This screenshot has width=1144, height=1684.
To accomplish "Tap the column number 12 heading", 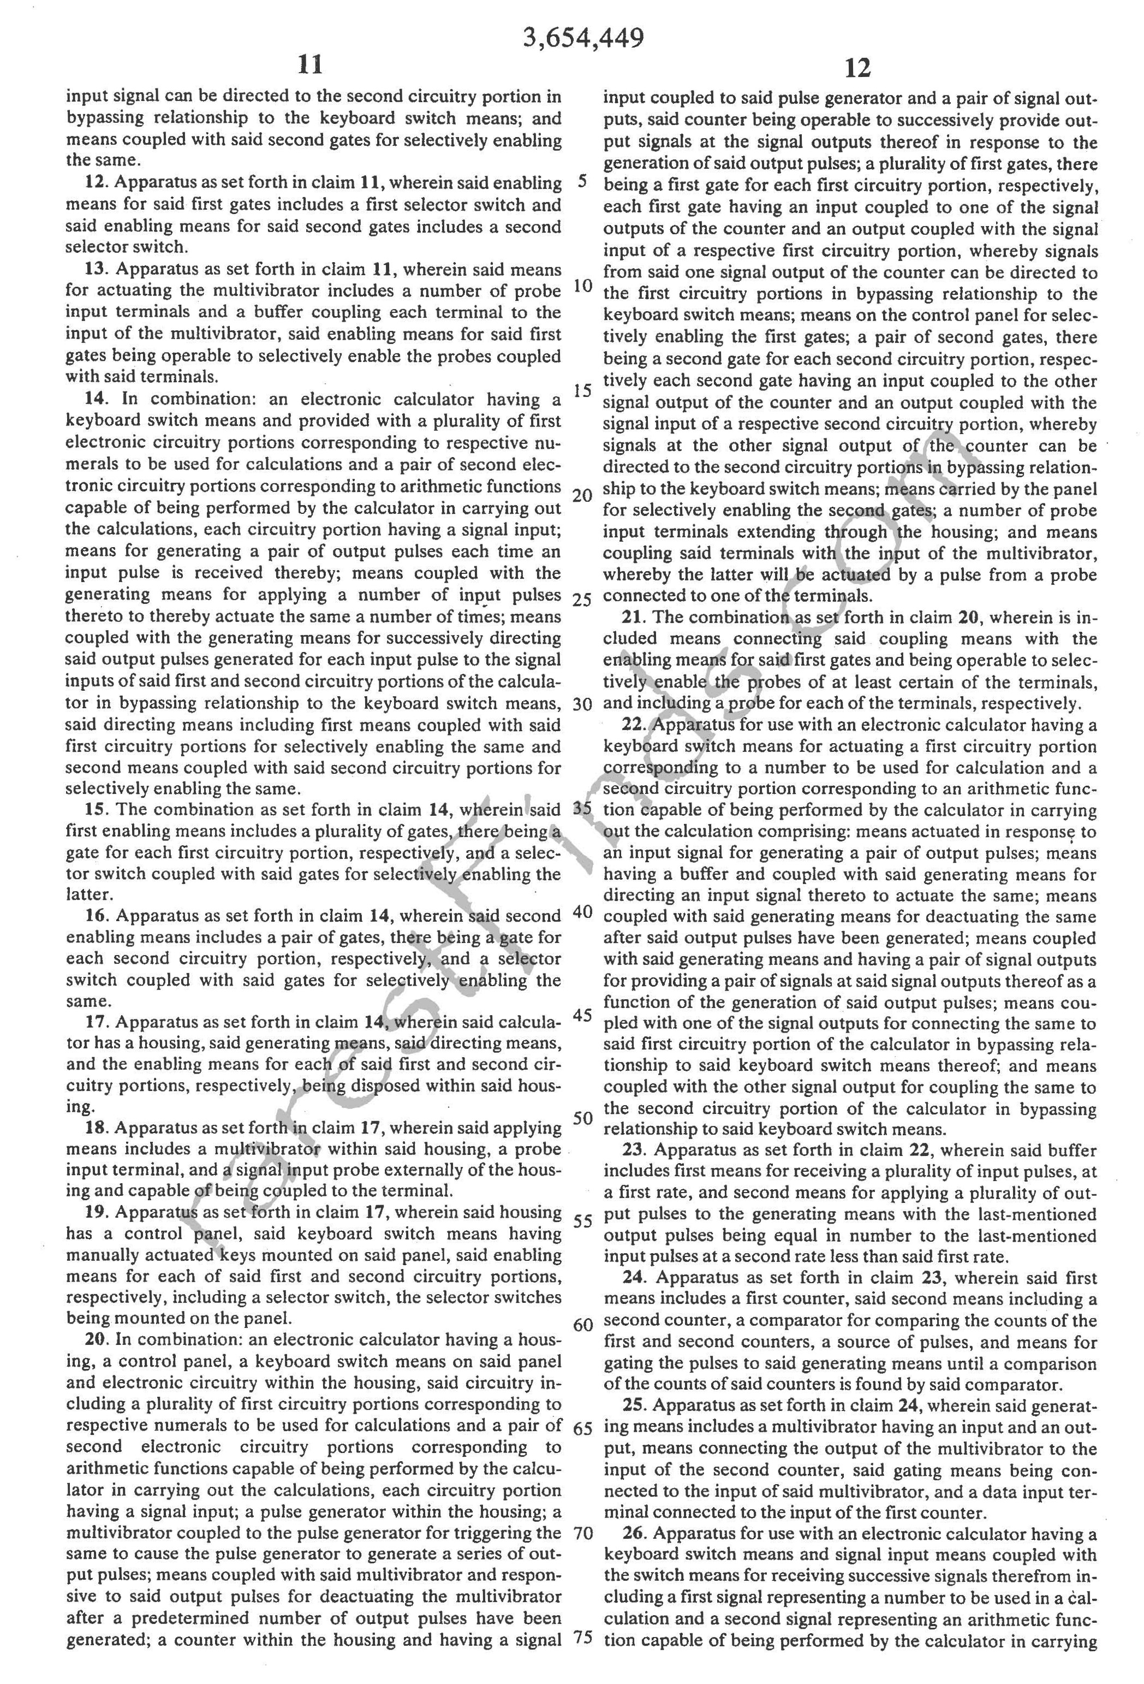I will [x=857, y=68].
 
